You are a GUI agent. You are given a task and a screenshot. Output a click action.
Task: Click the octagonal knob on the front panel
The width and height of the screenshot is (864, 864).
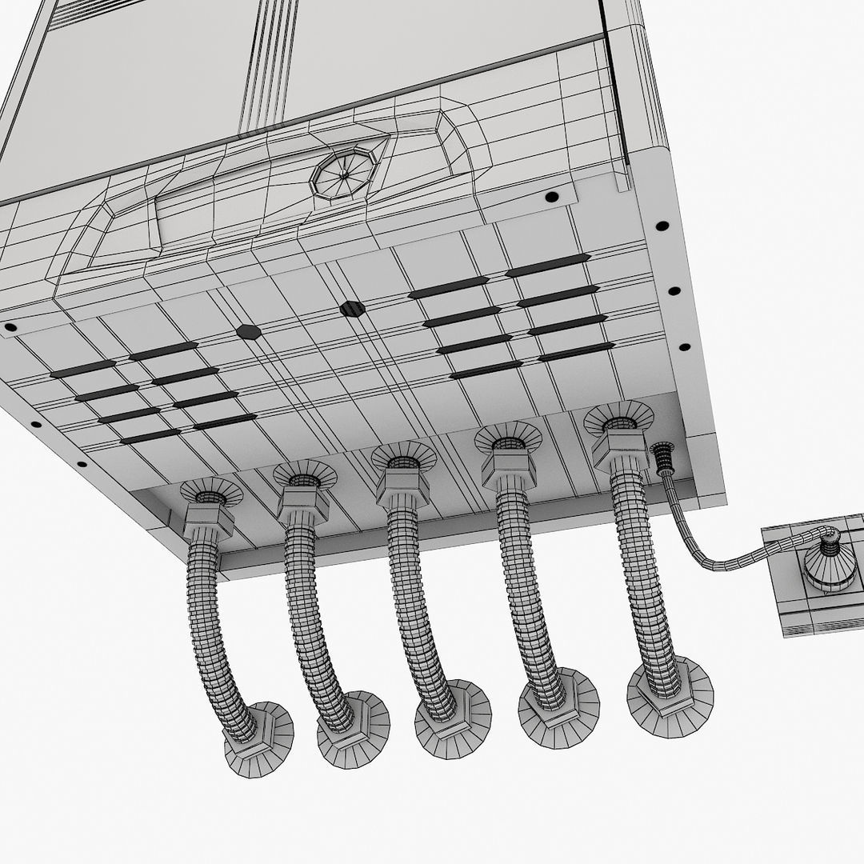point(346,172)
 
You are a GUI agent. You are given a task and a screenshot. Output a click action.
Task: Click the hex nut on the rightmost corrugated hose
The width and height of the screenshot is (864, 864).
point(620,453)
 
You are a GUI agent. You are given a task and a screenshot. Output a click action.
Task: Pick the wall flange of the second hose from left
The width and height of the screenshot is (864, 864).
point(353,730)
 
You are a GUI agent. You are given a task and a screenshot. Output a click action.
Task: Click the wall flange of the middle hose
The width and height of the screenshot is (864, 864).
point(452,719)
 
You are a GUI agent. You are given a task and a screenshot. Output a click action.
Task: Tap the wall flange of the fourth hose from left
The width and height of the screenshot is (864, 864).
point(558,709)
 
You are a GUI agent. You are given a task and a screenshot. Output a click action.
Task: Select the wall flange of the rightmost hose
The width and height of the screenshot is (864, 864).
point(670,695)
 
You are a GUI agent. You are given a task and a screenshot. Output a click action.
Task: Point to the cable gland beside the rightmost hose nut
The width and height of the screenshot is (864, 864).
point(662,462)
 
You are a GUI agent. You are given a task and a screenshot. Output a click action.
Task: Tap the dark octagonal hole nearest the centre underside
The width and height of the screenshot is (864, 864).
point(350,308)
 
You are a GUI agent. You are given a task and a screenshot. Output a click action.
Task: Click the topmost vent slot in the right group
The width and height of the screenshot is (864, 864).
point(548,265)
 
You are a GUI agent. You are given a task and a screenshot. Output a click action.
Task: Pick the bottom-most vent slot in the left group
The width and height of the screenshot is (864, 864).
point(150,436)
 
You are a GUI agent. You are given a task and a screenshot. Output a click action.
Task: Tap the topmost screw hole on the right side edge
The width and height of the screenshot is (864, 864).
point(662,226)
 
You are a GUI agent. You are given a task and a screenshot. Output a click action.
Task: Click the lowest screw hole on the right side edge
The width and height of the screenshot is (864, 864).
point(684,347)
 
